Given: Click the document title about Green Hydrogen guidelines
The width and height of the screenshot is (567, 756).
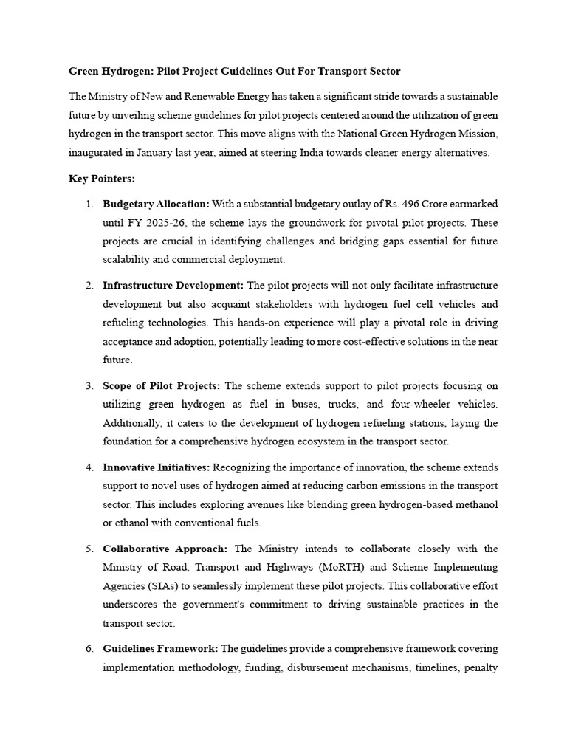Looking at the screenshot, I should coord(235,71).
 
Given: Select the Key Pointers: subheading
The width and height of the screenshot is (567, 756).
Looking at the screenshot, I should coord(98,179).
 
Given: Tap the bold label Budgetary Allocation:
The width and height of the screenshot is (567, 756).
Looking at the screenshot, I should coord(156,204).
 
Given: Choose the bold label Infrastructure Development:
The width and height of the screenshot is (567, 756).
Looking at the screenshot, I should coord(173,286).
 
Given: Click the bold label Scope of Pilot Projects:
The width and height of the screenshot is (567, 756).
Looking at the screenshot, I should coord(161,386).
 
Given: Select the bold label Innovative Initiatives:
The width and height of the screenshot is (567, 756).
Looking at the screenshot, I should coord(157,467).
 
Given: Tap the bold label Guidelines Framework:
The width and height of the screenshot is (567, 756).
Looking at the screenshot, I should coord(160,649).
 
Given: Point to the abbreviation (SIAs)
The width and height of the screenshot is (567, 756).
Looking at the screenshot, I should coord(168,586).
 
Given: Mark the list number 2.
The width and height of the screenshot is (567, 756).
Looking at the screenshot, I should coord(89,286).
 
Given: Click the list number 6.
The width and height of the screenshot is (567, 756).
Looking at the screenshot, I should coord(89,649).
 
